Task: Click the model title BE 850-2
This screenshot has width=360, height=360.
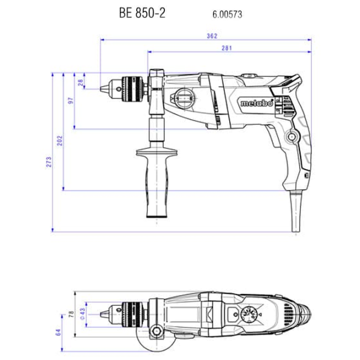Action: tap(142, 13)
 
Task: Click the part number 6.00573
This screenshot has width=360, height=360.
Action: tap(227, 14)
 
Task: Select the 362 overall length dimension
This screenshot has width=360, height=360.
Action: tap(212, 36)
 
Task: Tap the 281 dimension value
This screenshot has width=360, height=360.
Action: tap(227, 48)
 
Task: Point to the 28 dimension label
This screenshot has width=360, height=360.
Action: tap(80, 82)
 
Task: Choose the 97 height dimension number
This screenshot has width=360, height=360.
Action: tap(71, 101)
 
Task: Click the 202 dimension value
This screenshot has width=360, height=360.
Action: tap(59, 141)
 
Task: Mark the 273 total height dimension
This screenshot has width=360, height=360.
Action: tap(49, 162)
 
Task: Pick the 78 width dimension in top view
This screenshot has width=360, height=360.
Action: tap(71, 314)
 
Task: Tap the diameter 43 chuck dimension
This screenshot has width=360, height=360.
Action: tap(83, 314)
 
